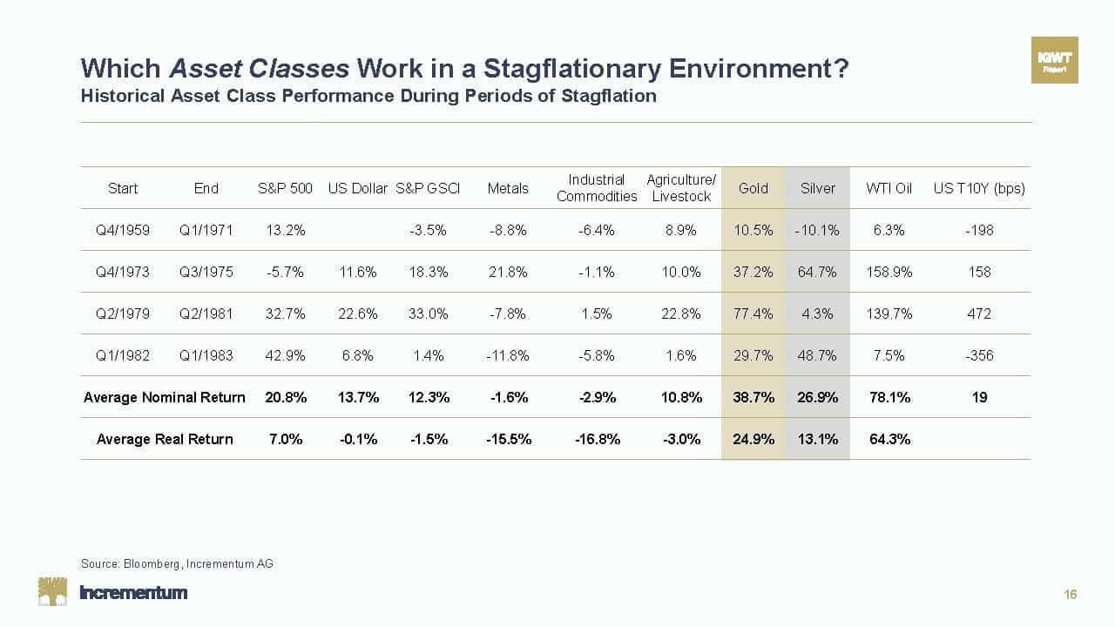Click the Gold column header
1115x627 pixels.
[x=753, y=188]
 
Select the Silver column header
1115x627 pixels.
[x=817, y=188]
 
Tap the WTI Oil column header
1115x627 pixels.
[x=889, y=188]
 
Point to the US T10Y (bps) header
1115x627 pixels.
[x=979, y=188]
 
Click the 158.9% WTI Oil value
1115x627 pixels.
[x=889, y=272]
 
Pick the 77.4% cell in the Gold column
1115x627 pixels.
[x=753, y=313]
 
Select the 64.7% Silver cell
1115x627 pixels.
[x=817, y=272]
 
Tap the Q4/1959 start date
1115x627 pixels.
[x=123, y=230]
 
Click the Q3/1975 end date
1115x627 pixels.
[x=206, y=272]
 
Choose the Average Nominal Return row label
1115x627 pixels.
[x=165, y=397]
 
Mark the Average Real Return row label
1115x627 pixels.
[x=165, y=439]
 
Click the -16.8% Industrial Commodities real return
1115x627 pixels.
[x=598, y=439]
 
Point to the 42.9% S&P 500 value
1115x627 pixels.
[x=286, y=355]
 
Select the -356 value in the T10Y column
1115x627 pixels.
[x=979, y=355]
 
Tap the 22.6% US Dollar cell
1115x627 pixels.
[x=357, y=313]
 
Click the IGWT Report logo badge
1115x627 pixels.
[x=1054, y=60]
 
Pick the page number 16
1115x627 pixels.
[x=1071, y=595]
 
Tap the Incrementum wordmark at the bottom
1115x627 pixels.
[x=133, y=593]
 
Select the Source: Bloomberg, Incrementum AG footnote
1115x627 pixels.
[x=177, y=563]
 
